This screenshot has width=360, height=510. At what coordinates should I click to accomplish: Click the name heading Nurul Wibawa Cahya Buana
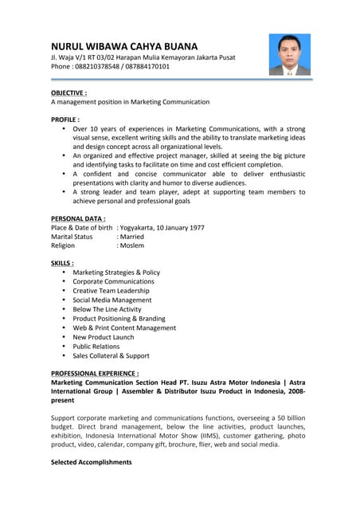(124, 46)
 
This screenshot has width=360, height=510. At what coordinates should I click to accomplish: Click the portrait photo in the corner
(289, 53)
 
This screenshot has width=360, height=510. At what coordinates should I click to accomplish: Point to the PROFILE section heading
(65, 119)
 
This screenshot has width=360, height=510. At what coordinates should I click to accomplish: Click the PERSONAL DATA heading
(78, 218)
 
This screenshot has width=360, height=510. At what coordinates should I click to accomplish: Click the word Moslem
(132, 246)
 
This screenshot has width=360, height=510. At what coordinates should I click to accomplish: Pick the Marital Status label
(72, 237)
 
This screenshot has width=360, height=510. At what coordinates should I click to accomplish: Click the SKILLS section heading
(62, 263)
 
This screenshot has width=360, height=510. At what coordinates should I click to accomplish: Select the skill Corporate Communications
(113, 282)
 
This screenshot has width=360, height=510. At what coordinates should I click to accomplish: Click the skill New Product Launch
(104, 337)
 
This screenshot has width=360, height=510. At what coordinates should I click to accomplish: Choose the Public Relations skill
(96, 347)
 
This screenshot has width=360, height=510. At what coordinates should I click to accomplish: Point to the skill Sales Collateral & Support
(111, 355)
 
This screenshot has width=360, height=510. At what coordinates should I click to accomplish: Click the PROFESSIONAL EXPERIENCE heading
(95, 373)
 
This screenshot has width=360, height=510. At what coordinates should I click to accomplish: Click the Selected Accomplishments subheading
(92, 462)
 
